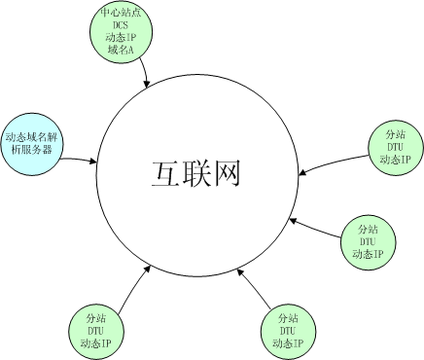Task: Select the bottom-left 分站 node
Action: (x=96, y=330)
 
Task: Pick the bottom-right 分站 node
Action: (x=288, y=331)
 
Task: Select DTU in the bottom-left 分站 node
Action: (x=96, y=331)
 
